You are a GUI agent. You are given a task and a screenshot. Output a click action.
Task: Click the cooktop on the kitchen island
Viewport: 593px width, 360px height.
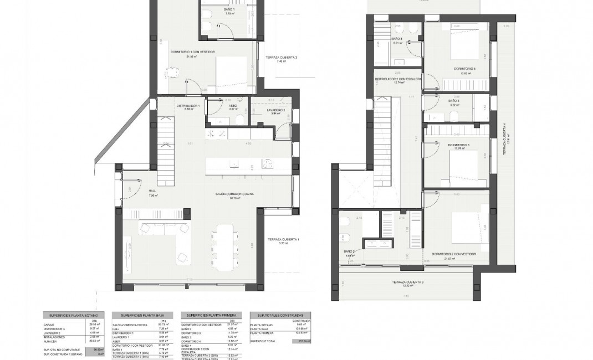tap(269, 162)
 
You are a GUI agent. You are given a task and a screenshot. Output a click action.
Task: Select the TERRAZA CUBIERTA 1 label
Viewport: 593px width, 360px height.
tap(283, 239)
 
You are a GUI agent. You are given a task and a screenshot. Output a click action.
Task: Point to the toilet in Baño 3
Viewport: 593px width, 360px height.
tap(453, 116)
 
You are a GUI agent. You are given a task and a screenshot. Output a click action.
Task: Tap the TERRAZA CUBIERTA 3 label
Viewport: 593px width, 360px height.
tap(407, 282)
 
